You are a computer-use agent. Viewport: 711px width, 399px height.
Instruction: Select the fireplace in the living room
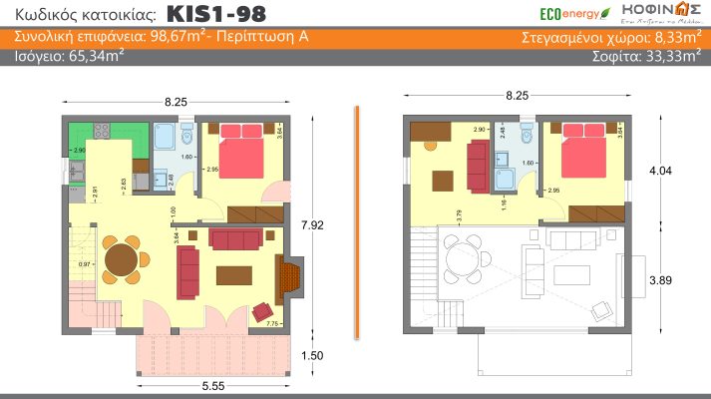[x=289, y=278]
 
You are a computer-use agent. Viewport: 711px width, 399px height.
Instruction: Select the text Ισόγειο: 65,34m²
[x=69, y=57]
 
